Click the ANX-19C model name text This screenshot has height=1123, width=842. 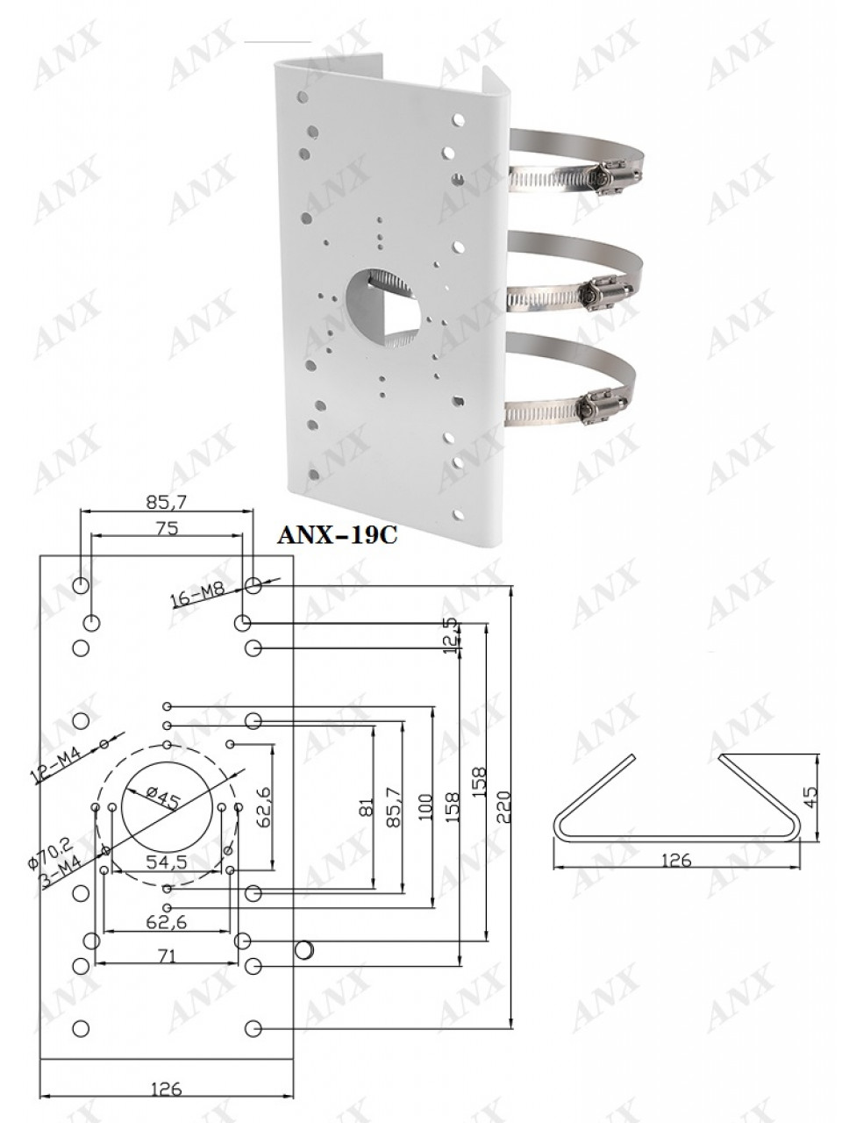click(337, 535)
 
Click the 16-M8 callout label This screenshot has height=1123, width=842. click(199, 596)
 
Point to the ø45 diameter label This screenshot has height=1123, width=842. click(162, 798)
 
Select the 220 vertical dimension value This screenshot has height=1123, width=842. click(503, 807)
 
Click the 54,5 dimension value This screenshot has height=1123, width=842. click(167, 862)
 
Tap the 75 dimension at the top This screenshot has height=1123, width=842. click(168, 528)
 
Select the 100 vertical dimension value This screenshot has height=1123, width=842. click(425, 807)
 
